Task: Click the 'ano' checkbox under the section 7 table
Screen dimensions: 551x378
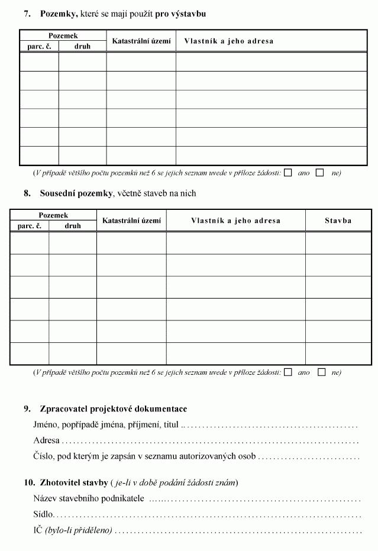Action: (288, 173)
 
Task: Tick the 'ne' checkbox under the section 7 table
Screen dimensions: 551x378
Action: (320, 173)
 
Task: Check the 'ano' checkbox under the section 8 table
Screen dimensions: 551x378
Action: (288, 372)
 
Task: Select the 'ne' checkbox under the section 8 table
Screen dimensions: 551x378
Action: (322, 372)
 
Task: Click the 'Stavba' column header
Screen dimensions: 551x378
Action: (338, 221)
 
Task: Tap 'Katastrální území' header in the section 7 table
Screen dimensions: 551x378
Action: (141, 41)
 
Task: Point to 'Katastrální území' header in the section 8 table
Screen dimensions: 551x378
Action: (131, 221)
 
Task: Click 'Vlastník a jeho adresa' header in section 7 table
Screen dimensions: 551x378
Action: (229, 41)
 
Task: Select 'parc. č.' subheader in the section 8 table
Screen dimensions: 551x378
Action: (29, 226)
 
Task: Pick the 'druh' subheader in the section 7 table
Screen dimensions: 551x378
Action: (82, 46)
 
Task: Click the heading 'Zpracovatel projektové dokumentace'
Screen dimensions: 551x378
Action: (113, 409)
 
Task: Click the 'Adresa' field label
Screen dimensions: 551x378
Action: (46, 440)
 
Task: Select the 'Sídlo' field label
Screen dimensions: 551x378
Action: (44, 515)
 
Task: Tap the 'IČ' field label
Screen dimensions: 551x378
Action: (38, 530)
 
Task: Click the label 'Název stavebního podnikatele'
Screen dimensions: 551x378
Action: (89, 499)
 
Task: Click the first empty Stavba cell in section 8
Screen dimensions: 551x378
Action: (338, 242)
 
